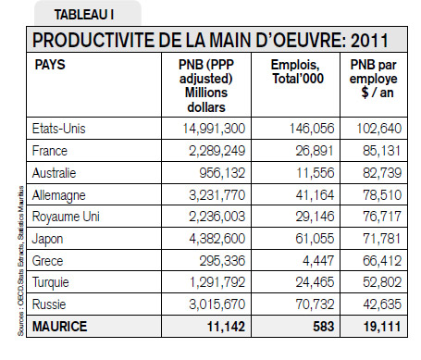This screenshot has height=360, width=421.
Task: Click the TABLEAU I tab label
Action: (x=84, y=15)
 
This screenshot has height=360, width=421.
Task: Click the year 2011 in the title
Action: (x=369, y=41)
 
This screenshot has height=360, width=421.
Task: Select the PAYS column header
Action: (x=50, y=65)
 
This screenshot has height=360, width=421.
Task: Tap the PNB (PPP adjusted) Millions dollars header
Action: (x=206, y=86)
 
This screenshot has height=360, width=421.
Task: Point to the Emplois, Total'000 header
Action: (x=298, y=71)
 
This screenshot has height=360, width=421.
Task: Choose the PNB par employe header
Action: (x=374, y=79)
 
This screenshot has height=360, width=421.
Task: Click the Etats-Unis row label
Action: (x=58, y=129)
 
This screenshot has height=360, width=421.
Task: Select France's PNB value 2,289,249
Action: (x=217, y=151)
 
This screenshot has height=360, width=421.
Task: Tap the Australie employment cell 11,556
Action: (x=316, y=173)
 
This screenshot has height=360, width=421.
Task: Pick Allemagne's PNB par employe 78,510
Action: (x=382, y=195)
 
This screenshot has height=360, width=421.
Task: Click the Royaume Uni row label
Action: (x=66, y=217)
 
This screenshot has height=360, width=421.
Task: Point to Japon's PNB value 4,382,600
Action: (x=217, y=239)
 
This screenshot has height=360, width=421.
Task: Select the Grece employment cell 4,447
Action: (x=318, y=261)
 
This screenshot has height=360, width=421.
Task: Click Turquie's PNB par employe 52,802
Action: (x=382, y=282)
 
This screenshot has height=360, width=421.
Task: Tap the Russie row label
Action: (x=49, y=304)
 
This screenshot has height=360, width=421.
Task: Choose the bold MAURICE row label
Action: (x=59, y=327)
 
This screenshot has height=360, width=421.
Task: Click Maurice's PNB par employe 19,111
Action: (x=382, y=327)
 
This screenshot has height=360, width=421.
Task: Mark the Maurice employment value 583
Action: (x=324, y=327)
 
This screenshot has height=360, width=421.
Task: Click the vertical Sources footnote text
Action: (x=20, y=261)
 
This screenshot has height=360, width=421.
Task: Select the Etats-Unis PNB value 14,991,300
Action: (x=214, y=129)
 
